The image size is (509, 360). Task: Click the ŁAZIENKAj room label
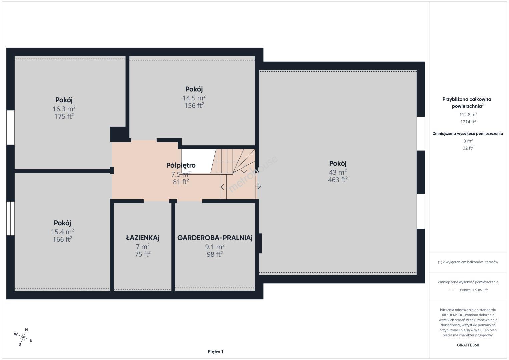tap(143, 238)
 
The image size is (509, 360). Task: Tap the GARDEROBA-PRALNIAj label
tap(215, 238)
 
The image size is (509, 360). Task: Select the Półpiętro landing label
tap(181, 165)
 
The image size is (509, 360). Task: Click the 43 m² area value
tap(338, 172)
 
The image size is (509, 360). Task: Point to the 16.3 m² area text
tap(64, 109)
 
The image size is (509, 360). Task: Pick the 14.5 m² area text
tap(194, 98)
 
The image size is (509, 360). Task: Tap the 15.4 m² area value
tap(62, 232)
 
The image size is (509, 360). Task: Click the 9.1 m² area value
tap(215, 247)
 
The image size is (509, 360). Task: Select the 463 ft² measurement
tap(338, 180)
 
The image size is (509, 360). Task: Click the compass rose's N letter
tap(26, 330)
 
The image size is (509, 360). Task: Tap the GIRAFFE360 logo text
tap(468, 345)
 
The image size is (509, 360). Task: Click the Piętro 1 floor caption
tap(216, 352)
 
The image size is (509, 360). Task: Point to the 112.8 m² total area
tap(468, 114)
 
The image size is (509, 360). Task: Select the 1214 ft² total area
tap(468, 122)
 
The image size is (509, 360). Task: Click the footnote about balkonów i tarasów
tap(468, 262)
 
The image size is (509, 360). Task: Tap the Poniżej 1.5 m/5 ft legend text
tap(474, 290)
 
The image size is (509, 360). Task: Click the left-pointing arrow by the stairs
tap(223, 187)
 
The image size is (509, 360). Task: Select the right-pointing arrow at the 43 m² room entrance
tap(258, 186)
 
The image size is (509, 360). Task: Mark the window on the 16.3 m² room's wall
tap(10, 127)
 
